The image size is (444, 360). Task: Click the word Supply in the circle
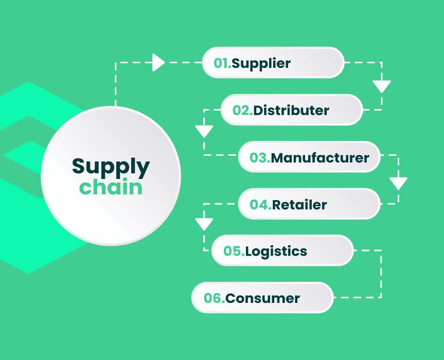point(111,167)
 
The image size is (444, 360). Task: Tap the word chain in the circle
point(111,187)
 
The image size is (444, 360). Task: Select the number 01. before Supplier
point(222,63)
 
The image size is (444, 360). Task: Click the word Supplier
point(261,64)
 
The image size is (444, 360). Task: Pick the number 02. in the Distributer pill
point(242,110)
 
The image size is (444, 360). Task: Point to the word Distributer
point(291,110)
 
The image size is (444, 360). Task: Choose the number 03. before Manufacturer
point(260,157)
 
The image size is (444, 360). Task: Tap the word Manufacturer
point(320,157)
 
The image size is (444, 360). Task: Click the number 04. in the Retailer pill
point(260,204)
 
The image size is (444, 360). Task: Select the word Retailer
point(299,204)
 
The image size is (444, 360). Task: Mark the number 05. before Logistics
point(234,251)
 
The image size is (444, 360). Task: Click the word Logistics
point(276,251)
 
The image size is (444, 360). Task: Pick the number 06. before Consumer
point(214,298)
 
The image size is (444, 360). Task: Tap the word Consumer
point(262,298)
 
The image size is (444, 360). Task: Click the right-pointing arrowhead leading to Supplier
point(158,63)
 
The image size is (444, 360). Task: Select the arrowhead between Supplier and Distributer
point(381,85)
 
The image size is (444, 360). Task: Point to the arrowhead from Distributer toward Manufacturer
point(204,131)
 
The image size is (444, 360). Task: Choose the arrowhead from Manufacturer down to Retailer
point(398,183)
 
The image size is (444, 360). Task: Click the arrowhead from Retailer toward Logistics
point(204,224)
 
